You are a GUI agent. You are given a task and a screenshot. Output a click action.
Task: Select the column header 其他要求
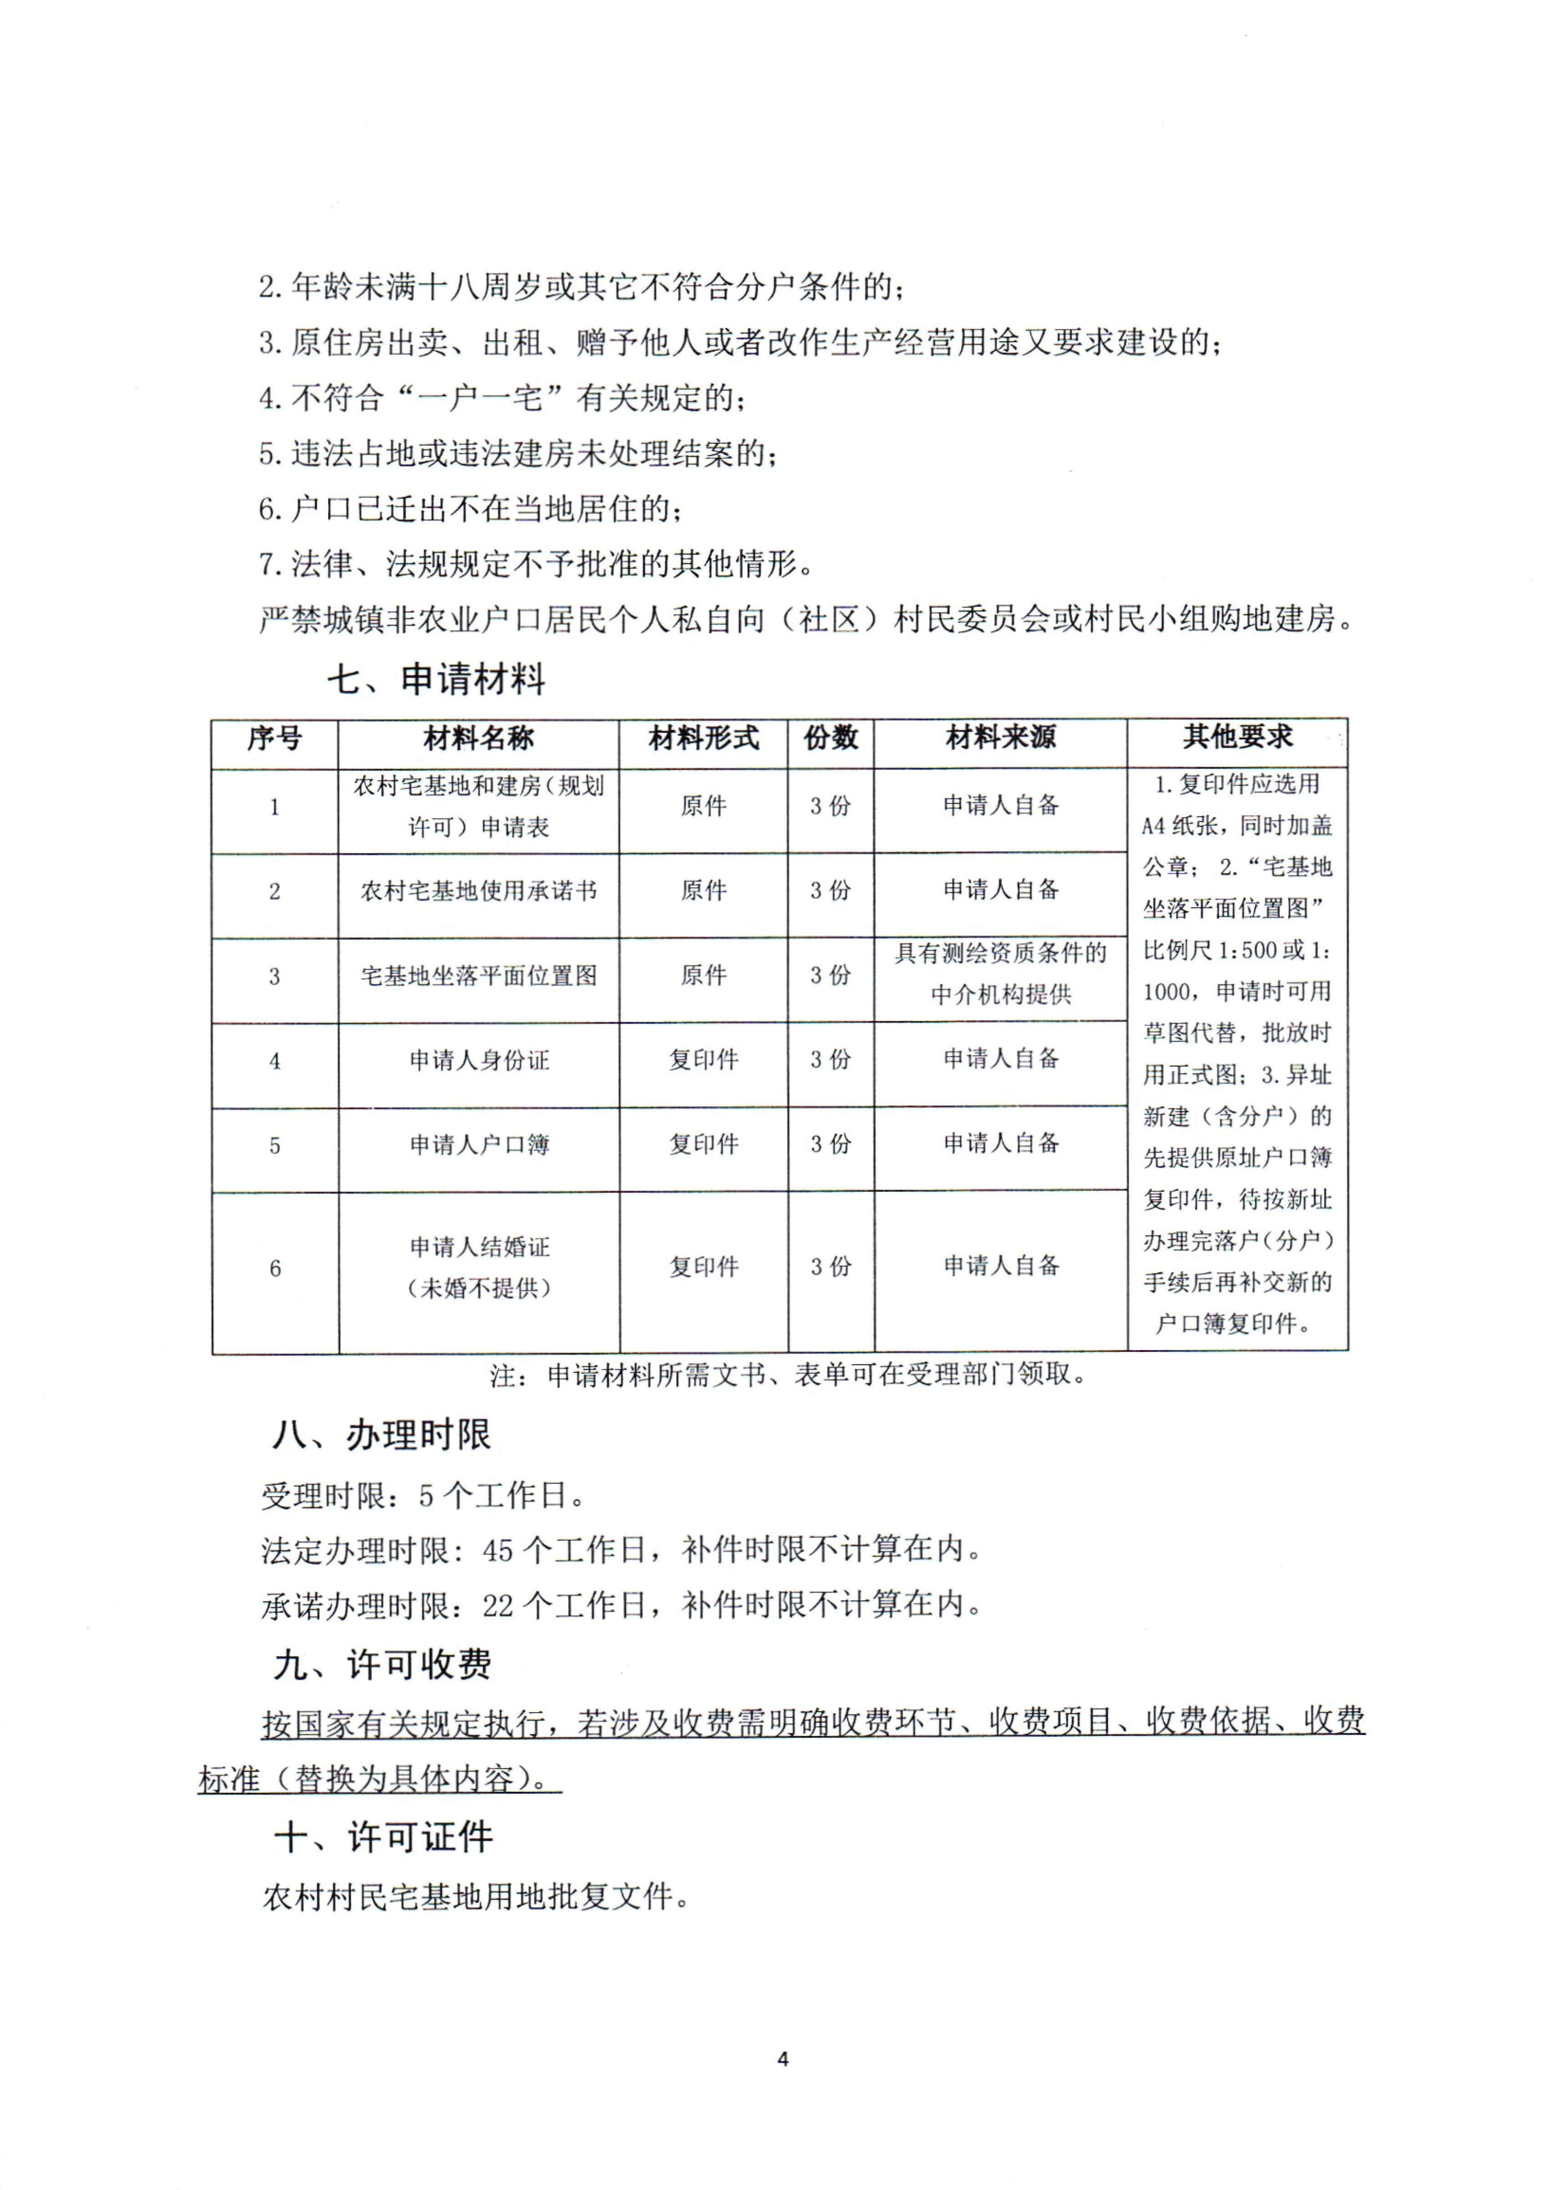1237,737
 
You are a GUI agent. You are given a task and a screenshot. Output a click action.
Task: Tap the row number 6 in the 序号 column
274,1269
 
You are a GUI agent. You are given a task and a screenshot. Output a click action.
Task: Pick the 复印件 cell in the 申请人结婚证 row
704,1268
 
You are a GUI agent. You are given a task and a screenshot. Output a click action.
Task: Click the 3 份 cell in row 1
830,806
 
